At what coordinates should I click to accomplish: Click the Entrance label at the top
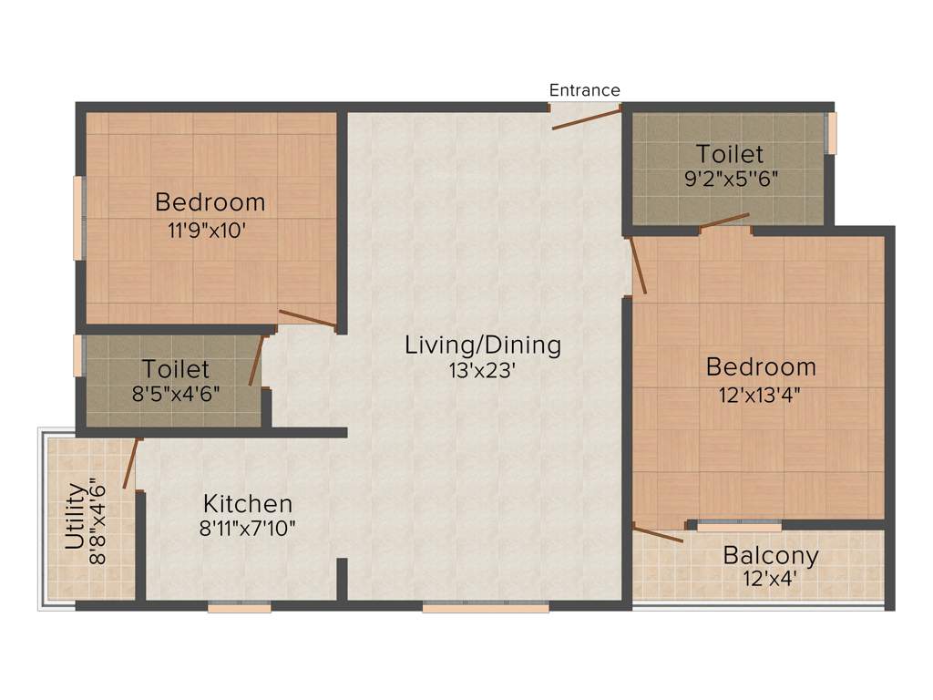(x=584, y=90)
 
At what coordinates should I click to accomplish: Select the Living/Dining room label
(x=483, y=345)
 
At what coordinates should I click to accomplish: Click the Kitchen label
(x=248, y=503)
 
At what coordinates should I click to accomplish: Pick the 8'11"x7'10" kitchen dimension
(x=248, y=527)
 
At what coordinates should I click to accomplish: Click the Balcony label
(x=771, y=555)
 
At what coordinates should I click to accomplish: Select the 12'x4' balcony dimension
(x=771, y=577)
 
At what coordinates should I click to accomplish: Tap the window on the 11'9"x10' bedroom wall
(x=78, y=218)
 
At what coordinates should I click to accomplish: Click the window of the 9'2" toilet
(x=829, y=133)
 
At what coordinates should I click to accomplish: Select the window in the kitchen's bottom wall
(x=239, y=606)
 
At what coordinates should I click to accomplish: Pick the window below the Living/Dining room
(x=485, y=606)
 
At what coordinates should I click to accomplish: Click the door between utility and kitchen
(x=132, y=463)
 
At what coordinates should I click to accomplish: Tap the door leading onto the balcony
(x=657, y=534)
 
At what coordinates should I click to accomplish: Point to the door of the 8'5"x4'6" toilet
(x=257, y=361)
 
